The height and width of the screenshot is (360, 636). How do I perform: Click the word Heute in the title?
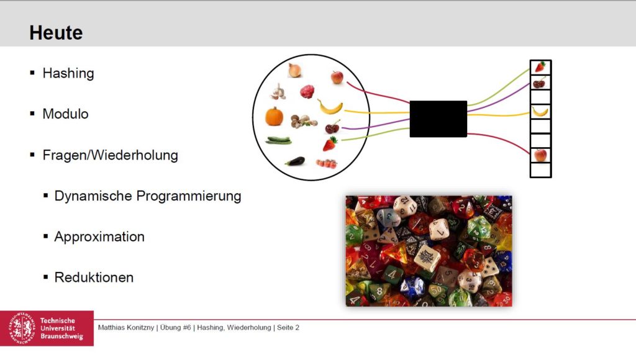[56, 32]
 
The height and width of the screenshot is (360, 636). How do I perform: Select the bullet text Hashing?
[68, 73]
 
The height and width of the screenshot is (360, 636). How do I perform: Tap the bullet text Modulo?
[65, 114]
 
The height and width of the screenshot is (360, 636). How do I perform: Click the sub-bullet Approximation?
[99, 236]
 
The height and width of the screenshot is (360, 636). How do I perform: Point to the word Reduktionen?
[94, 277]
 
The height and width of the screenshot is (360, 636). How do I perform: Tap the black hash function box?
[438, 119]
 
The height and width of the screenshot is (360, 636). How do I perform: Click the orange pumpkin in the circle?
[274, 116]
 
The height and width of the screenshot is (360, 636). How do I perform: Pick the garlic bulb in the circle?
[278, 92]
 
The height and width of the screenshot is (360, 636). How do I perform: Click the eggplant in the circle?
[295, 161]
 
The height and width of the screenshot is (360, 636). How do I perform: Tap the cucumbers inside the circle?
[279, 140]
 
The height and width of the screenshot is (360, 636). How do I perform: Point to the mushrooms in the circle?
[303, 120]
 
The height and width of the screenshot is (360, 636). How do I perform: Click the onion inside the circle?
[295, 71]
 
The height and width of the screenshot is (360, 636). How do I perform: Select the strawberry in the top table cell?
[540, 67]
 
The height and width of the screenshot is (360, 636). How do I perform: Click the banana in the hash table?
[540, 112]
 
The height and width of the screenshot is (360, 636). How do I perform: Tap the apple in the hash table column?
[540, 155]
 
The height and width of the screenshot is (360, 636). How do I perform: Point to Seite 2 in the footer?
[288, 327]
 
